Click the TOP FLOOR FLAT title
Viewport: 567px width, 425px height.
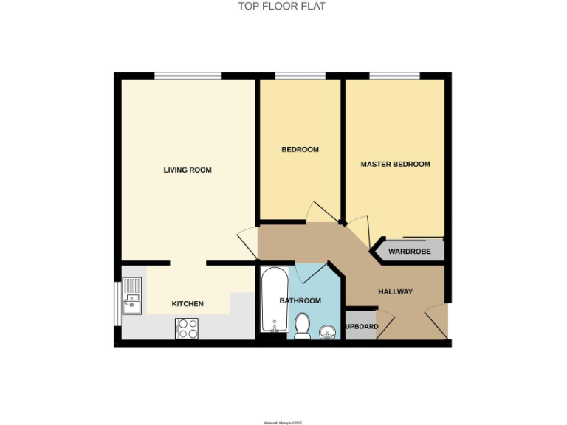(281, 7)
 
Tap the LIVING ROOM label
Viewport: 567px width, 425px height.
(188, 170)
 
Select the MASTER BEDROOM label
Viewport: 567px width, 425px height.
(395, 164)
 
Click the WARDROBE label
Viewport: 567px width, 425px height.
(409, 252)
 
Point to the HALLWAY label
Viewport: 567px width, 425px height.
(395, 292)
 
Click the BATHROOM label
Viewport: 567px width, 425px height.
(300, 301)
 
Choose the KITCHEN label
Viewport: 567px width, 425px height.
(188, 304)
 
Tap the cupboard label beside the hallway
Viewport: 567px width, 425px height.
(361, 327)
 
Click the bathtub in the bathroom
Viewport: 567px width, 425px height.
(273, 300)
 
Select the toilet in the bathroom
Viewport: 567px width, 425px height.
(303, 326)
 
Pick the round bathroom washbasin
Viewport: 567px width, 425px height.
(326, 333)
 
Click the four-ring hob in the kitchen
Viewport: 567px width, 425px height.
(187, 328)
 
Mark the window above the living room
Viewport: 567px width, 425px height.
(188, 75)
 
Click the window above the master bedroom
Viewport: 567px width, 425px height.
(395, 75)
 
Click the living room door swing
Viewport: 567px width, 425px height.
(247, 241)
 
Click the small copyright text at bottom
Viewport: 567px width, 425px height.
(283, 423)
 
